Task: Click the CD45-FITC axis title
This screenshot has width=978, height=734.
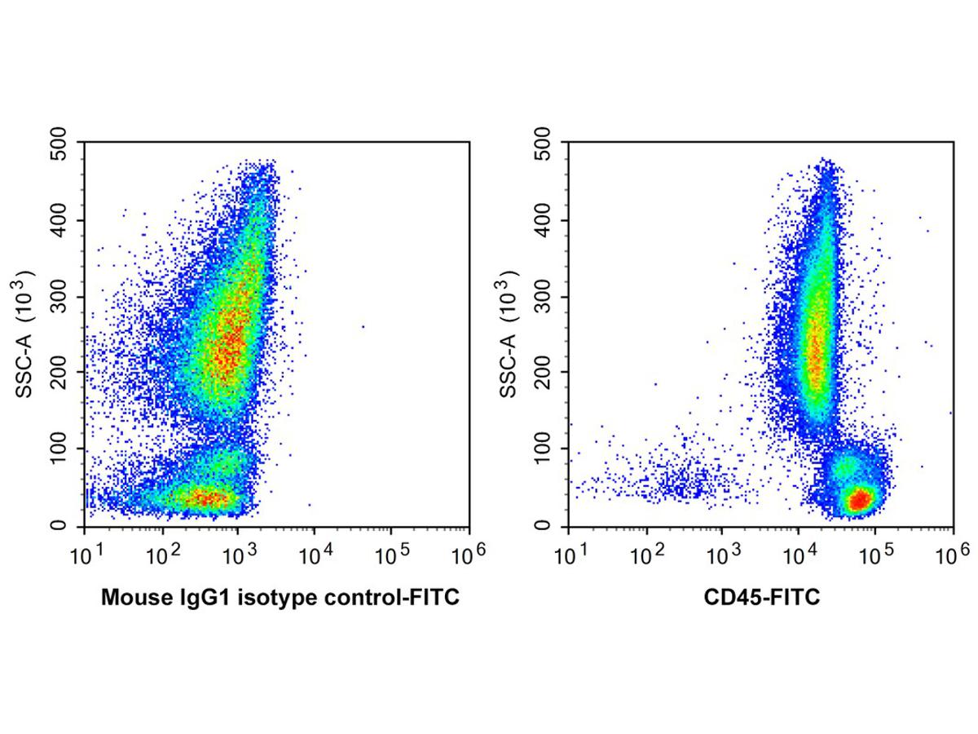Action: pyautogui.click(x=761, y=599)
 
